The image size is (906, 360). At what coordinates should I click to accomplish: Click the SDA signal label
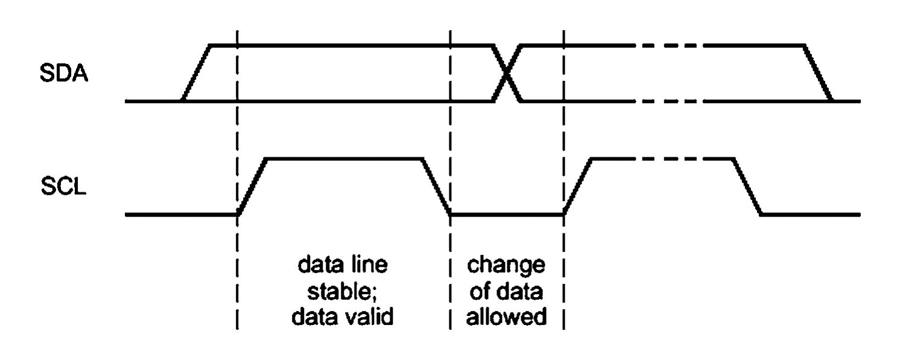pyautogui.click(x=64, y=75)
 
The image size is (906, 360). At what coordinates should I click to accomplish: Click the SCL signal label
pyautogui.click(x=64, y=187)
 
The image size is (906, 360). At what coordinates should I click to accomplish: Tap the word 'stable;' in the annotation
pyautogui.click(x=343, y=291)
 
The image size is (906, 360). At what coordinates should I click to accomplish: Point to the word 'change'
pyautogui.click(x=507, y=265)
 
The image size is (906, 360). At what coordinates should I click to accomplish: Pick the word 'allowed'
pyautogui.click(x=507, y=317)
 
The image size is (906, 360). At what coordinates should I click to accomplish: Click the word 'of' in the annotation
pyautogui.click(x=480, y=291)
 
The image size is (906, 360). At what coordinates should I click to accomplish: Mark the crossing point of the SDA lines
pyautogui.click(x=507, y=73)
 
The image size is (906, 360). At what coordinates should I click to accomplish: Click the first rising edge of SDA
pyautogui.click(x=195, y=73)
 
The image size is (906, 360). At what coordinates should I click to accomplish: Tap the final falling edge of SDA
pyautogui.click(x=819, y=73)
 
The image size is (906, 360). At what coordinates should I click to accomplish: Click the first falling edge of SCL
pyautogui.click(x=436, y=186)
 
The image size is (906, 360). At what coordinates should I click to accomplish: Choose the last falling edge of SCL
pyautogui.click(x=747, y=186)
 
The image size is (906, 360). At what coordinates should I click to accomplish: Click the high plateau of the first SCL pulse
pyautogui.click(x=344, y=159)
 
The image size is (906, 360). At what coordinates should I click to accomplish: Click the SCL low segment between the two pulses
pyautogui.click(x=507, y=214)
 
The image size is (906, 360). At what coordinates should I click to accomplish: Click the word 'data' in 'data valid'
pyautogui.click(x=315, y=317)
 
